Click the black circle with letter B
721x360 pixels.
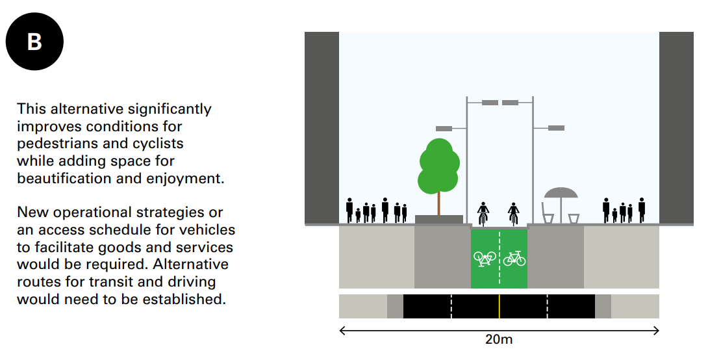coord(34,42)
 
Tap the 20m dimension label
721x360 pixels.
coord(498,340)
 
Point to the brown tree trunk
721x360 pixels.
coord(438,203)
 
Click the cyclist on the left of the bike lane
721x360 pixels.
coord(483,213)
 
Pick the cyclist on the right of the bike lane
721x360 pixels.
coord(514,213)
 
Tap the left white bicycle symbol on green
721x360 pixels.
coord(485,259)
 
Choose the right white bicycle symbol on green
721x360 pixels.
coord(514,259)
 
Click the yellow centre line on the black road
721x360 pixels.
coord(499,306)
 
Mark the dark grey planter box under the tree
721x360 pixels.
coord(439,219)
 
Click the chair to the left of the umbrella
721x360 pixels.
coord(547,213)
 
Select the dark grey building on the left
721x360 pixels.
coord(322,128)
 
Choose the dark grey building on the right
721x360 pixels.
coord(676,128)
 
